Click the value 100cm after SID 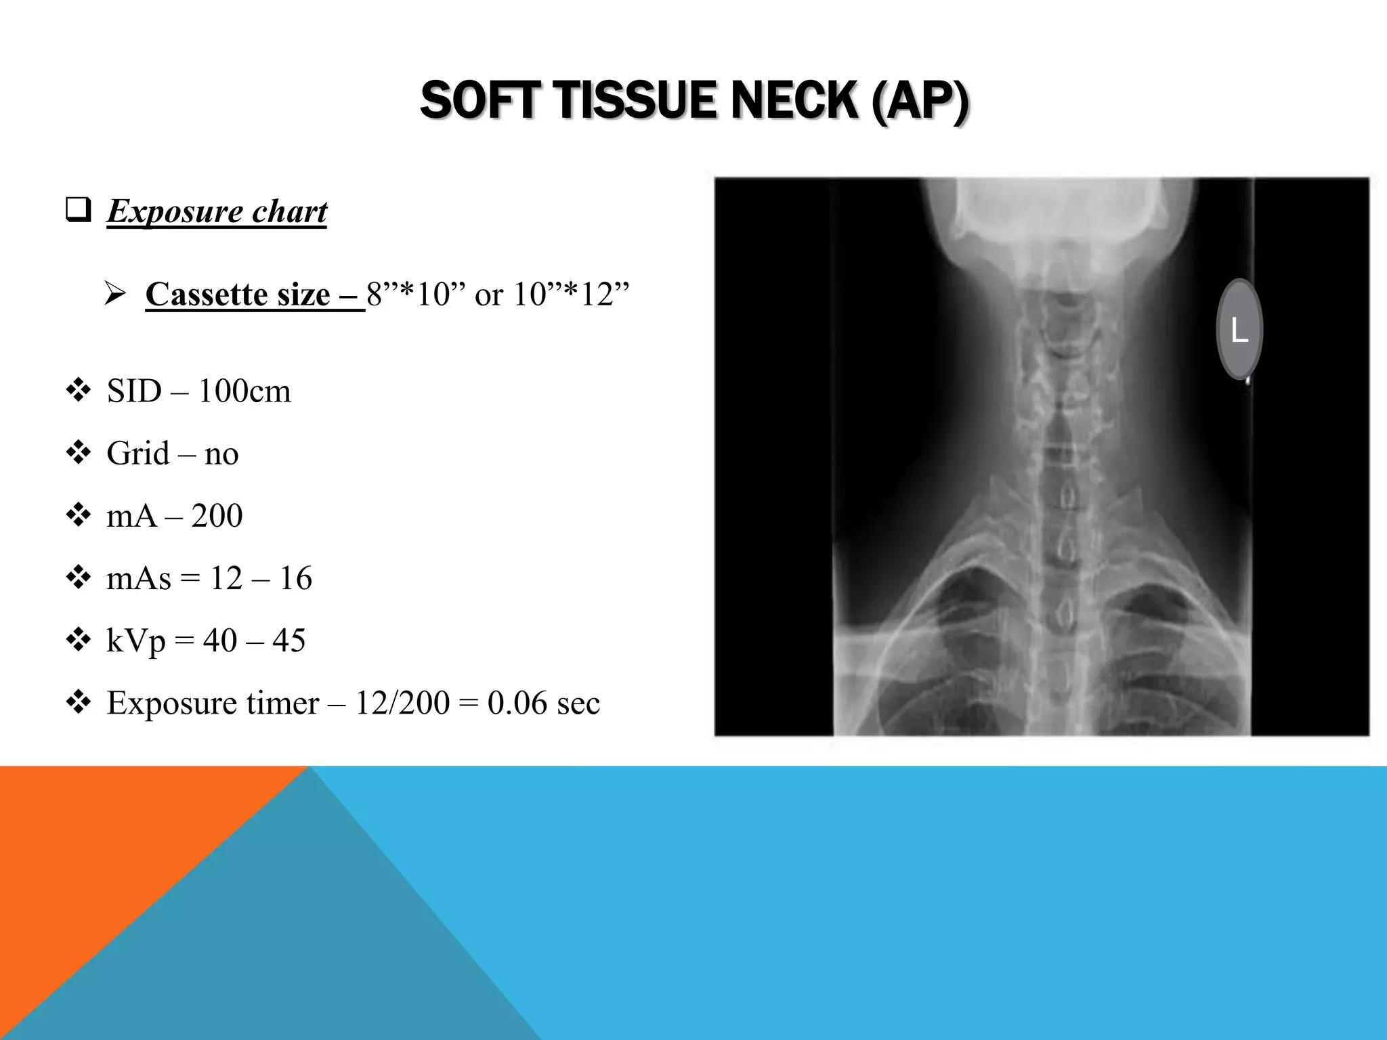click(x=244, y=391)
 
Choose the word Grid click(x=137, y=453)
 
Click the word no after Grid click(x=221, y=454)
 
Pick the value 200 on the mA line click(x=217, y=516)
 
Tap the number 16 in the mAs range click(x=295, y=578)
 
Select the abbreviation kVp click(x=135, y=641)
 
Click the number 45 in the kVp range click(x=289, y=641)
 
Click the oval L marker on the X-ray click(x=1239, y=330)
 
